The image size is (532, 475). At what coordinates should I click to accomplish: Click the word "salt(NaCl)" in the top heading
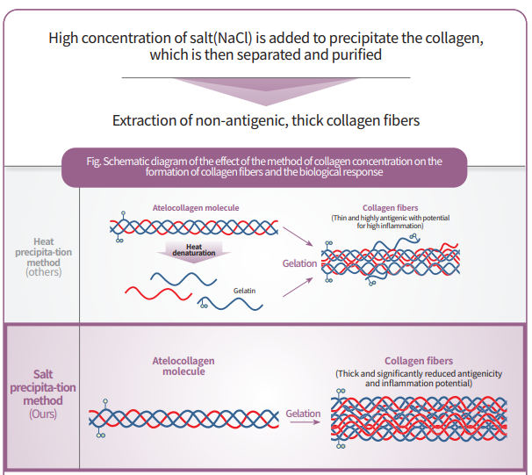click(220, 38)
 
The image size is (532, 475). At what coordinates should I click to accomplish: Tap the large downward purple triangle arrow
click(266, 91)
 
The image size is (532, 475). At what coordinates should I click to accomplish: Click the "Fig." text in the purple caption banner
click(94, 161)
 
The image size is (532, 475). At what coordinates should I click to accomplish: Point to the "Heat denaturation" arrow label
click(194, 249)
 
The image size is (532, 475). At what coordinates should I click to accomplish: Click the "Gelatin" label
click(244, 291)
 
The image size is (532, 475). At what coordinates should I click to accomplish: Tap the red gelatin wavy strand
click(158, 293)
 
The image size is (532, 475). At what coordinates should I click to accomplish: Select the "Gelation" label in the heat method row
click(299, 263)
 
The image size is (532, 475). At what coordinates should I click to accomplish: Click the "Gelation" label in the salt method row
click(303, 414)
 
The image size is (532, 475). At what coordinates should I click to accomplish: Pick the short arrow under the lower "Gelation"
click(305, 422)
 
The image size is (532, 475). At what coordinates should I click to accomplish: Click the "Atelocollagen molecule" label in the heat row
click(196, 207)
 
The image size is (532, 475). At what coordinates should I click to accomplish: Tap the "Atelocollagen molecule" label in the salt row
click(183, 366)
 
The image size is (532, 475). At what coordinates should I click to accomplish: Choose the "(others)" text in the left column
click(43, 272)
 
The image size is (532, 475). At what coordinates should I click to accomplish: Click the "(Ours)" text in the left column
click(43, 414)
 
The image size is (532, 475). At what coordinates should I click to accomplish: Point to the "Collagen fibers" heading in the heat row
click(390, 207)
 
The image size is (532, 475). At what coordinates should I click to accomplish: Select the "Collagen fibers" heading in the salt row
click(419, 361)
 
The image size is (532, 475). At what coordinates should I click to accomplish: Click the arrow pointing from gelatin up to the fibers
click(298, 287)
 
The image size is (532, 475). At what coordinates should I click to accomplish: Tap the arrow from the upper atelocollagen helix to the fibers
click(298, 236)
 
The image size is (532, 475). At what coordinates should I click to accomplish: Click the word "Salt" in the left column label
click(43, 374)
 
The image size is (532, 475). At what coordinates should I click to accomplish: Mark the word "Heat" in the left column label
click(43, 241)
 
